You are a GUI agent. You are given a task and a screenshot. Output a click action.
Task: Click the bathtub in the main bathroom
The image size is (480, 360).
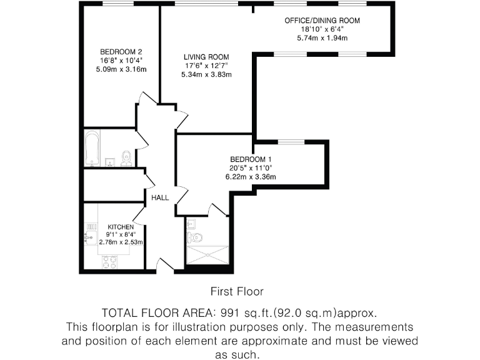[92, 149]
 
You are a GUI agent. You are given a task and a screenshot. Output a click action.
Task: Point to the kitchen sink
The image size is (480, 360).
[88, 236]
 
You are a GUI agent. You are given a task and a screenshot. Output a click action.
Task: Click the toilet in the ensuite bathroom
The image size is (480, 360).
[196, 236]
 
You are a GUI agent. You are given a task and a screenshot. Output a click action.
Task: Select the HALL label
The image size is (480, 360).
[160, 197]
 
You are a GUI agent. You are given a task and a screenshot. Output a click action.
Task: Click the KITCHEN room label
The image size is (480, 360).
[121, 227]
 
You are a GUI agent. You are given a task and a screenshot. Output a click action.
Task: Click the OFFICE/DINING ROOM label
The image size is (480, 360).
[322, 21]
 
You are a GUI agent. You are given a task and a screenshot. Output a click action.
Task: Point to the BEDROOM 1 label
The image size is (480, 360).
[251, 159]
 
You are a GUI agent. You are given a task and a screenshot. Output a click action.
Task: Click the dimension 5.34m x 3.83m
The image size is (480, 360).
[206, 74]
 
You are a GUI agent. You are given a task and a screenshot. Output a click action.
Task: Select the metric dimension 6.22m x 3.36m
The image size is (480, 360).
[251, 177]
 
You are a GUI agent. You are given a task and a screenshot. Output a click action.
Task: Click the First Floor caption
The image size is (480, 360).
[236, 291]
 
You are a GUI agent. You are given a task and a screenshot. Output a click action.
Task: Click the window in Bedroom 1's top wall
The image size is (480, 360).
[291, 142]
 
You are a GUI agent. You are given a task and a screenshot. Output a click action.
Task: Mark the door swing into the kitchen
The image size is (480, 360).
[139, 217]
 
